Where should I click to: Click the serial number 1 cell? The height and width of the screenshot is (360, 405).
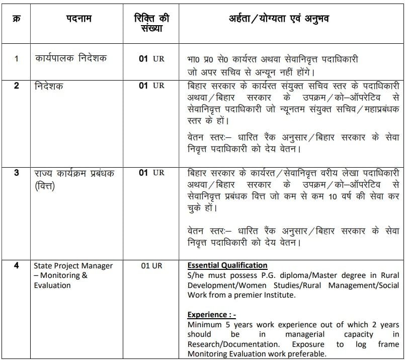tap(16, 59)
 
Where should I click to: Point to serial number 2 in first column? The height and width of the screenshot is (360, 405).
tap(16, 86)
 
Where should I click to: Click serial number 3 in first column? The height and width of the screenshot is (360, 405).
tap(16, 173)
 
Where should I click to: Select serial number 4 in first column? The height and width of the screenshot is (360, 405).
tap(16, 265)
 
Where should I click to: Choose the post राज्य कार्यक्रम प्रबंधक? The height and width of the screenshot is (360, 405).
tap(75, 173)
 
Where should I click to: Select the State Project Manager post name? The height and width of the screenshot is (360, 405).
tap(73, 265)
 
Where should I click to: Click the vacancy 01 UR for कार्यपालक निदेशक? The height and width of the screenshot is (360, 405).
tap(151, 59)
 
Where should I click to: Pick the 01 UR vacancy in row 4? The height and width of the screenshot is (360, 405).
tap(151, 265)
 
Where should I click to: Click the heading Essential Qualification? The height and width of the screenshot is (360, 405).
tap(227, 265)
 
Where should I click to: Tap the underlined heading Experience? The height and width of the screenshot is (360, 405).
tap(208, 315)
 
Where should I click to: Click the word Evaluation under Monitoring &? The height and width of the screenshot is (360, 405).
tap(52, 285)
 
